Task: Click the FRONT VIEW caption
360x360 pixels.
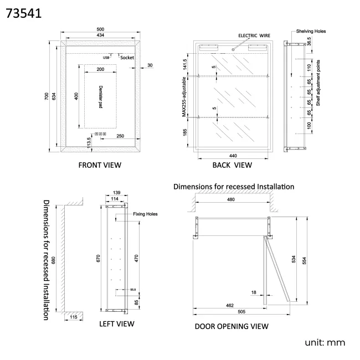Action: point(100,164)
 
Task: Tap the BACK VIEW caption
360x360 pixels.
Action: point(232,164)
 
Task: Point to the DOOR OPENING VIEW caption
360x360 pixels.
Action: point(232,326)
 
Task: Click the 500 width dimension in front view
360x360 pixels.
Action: point(101,29)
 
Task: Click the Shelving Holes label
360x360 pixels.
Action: point(311,32)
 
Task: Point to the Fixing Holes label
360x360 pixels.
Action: point(146,214)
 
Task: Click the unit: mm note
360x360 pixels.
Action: point(325,343)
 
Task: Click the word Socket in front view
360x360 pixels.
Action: point(127,58)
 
